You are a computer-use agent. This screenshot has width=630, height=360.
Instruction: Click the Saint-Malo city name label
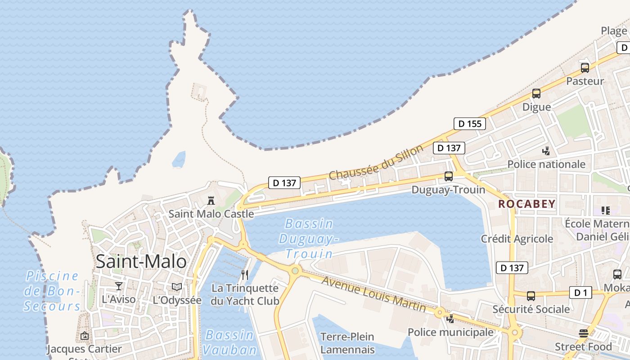[141, 261]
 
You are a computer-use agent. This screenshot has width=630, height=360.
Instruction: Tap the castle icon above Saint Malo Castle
[211, 201]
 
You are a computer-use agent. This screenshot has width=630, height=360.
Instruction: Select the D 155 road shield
[470, 124]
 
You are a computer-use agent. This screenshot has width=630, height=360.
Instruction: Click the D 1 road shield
[580, 293]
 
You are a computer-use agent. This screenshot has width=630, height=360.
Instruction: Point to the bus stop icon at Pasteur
[585, 68]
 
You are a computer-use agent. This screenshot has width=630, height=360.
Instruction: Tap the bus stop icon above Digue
[536, 94]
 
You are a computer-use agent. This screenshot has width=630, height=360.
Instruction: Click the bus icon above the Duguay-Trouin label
[449, 176]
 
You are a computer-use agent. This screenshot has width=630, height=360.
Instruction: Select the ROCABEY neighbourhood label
[527, 204]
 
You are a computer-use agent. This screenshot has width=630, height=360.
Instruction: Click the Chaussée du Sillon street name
[376, 162]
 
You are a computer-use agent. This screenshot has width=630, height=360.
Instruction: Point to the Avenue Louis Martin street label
[373, 294]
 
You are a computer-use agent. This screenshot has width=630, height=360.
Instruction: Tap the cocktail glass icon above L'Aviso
[119, 286]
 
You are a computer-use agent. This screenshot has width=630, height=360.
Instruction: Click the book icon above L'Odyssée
[177, 287]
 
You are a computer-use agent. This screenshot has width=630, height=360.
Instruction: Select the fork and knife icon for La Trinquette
[245, 275]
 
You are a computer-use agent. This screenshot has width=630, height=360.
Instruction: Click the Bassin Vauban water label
[229, 342]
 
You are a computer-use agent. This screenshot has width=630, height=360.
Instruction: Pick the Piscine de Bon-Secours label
[52, 291]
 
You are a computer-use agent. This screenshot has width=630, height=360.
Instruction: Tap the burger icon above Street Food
[584, 333]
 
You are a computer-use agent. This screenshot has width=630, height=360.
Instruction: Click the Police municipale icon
[450, 319]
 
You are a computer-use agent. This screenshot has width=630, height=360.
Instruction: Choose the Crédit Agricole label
[517, 239]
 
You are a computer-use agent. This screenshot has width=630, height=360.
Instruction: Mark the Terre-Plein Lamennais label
[347, 343]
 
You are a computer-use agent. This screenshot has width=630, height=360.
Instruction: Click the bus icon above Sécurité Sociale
[531, 296]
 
